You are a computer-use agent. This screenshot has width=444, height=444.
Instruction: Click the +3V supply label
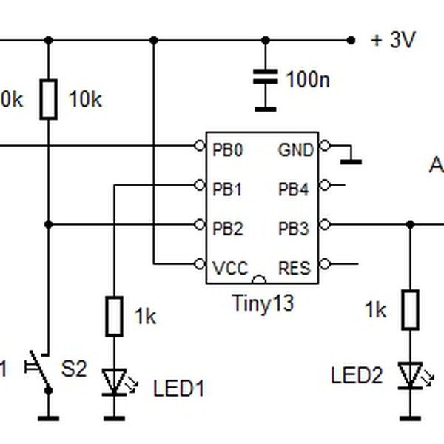click(393, 41)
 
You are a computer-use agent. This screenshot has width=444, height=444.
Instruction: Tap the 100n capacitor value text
click(308, 79)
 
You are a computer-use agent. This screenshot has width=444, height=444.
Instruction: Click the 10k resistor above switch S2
click(49, 100)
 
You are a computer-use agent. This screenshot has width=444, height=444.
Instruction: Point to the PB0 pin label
click(228, 149)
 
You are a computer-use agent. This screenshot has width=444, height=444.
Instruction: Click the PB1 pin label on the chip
click(228, 189)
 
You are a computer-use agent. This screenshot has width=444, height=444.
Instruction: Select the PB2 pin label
click(228, 229)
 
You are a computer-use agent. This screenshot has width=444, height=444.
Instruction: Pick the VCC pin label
click(230, 268)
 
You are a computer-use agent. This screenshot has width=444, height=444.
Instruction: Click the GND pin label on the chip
click(296, 149)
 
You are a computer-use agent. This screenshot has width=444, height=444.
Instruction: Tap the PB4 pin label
click(294, 189)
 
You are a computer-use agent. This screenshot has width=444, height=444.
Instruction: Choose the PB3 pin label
click(294, 229)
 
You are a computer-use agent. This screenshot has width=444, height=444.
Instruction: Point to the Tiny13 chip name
click(262, 303)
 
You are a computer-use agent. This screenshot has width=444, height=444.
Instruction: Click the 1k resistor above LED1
click(113, 316)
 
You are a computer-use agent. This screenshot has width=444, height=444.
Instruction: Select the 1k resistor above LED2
click(411, 309)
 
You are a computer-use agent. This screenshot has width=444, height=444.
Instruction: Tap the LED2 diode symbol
click(411, 374)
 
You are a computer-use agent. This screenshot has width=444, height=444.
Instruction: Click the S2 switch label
click(73, 368)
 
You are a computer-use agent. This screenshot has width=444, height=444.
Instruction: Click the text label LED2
click(357, 376)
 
